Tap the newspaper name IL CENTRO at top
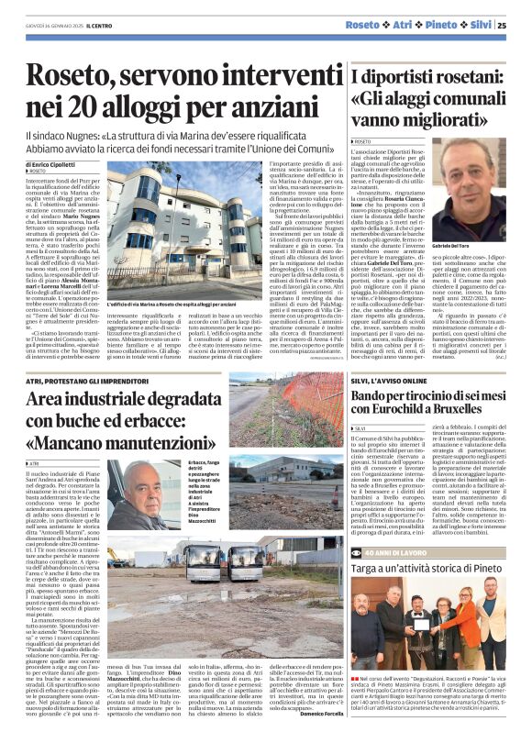click(x=100, y=26)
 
